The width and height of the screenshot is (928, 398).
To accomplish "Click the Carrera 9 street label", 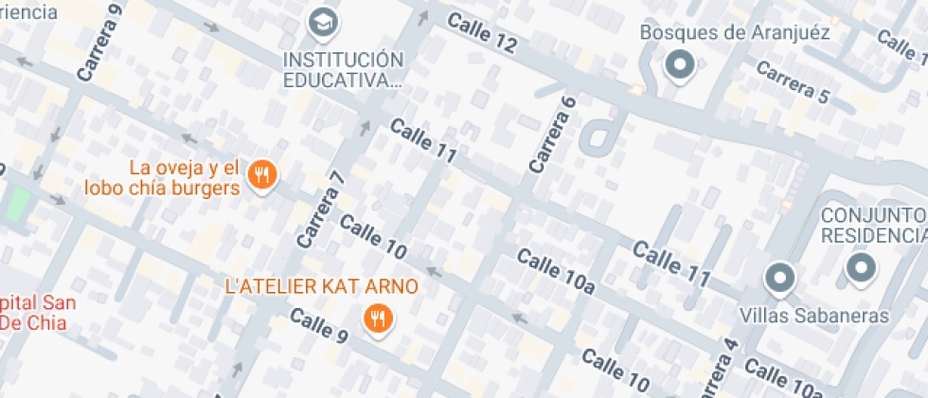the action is [101, 42].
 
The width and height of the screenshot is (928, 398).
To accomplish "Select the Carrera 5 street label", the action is [793, 83].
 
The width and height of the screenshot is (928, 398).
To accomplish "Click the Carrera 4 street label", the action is [718, 370].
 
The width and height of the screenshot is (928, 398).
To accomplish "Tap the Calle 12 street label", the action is [482, 32].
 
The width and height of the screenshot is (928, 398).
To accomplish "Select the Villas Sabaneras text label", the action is [814, 315].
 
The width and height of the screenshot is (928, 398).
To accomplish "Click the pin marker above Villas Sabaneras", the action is [779, 278].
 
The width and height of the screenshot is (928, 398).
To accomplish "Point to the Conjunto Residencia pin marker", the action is [861, 268].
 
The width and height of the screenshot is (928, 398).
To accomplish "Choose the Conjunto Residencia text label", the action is [873, 225].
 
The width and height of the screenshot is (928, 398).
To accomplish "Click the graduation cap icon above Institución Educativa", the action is [324, 21].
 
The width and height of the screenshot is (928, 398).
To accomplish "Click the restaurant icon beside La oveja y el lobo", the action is [261, 174].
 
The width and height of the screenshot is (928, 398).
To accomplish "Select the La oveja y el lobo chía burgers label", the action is [161, 178].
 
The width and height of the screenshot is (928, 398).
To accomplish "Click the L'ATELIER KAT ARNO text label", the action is [321, 285].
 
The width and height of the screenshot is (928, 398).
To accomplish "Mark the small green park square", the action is [17, 204].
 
